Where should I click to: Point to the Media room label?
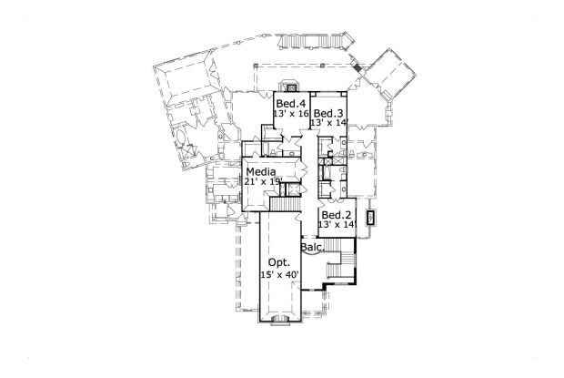[x=260, y=170]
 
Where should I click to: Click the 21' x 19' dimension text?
[x=261, y=181]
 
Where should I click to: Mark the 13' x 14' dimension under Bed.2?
[x=334, y=225]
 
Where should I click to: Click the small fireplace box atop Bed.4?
[x=290, y=88]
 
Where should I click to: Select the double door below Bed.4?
[x=291, y=137]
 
